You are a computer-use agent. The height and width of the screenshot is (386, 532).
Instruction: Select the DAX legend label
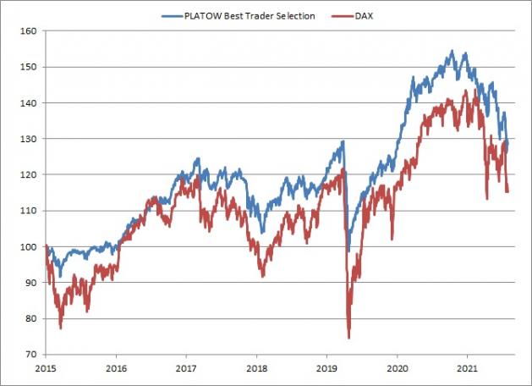[x=364, y=16]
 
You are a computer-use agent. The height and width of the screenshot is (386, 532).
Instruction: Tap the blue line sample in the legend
[x=171, y=16]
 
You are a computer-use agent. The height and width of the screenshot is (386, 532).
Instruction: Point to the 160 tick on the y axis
[x=30, y=31]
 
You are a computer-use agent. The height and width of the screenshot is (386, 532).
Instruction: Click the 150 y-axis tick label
[x=30, y=67]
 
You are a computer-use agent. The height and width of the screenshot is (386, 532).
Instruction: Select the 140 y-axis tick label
[x=30, y=103]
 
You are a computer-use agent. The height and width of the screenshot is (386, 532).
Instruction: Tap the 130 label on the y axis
[x=30, y=139]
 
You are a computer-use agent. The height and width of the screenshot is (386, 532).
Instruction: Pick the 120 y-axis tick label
[x=30, y=175]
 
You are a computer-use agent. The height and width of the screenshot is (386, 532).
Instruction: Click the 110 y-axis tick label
[x=30, y=211]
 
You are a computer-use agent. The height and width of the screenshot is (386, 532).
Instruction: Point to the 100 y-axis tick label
[x=30, y=247]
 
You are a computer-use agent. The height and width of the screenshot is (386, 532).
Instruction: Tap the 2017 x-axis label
[x=186, y=369]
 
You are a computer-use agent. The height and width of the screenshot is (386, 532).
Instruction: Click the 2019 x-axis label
[x=327, y=369]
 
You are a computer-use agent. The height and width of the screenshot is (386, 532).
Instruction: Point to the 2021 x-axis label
[x=469, y=369]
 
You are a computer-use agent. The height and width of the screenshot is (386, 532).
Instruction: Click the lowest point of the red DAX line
[x=348, y=338]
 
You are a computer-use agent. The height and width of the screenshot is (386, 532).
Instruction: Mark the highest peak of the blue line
[x=452, y=52]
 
